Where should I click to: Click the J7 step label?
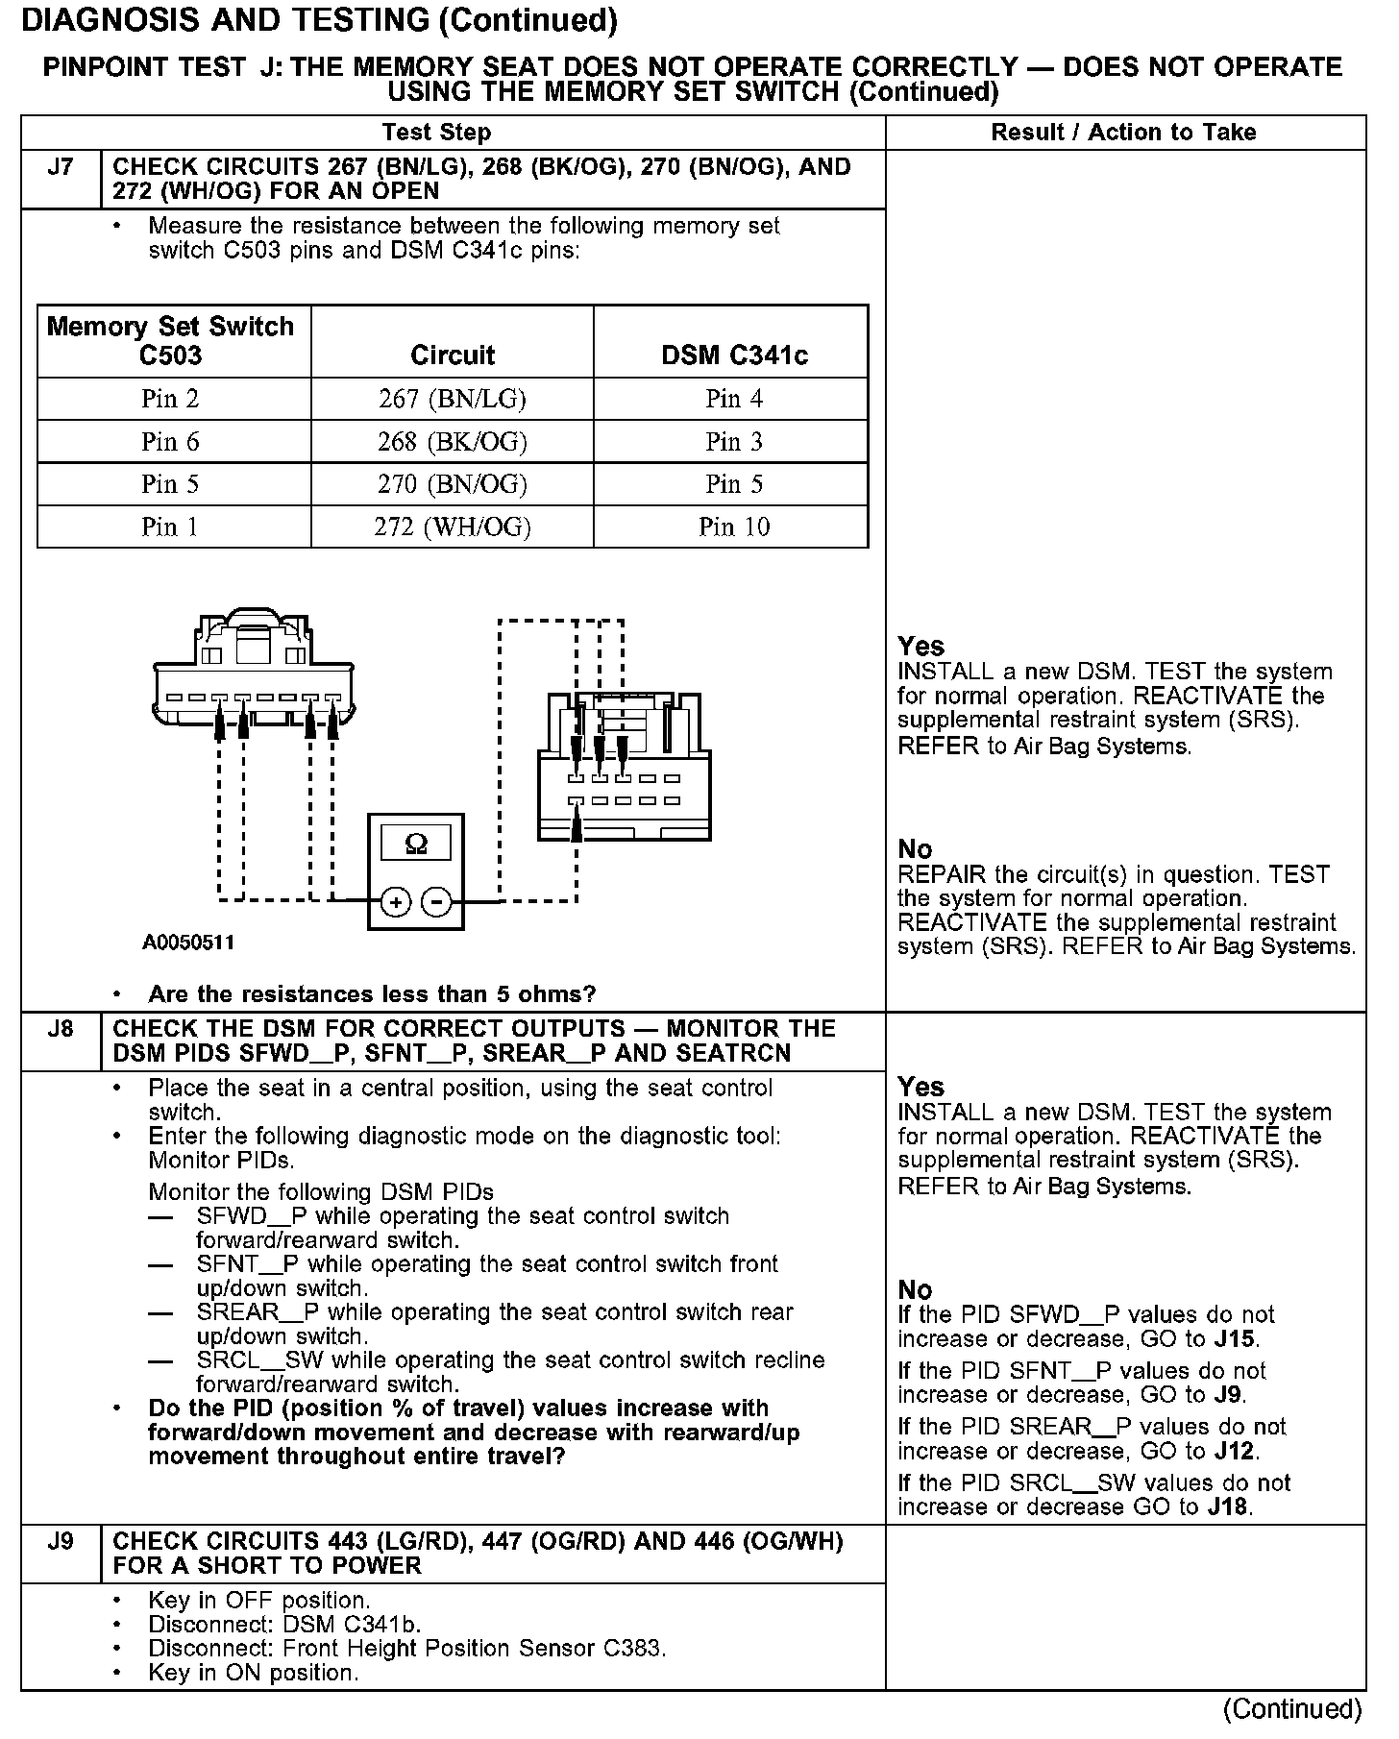(x=60, y=168)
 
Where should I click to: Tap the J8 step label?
(x=60, y=1030)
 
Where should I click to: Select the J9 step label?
(x=60, y=1542)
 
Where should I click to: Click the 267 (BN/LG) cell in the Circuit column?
(x=453, y=399)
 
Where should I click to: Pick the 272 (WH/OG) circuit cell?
(x=453, y=527)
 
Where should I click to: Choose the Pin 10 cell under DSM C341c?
(x=734, y=527)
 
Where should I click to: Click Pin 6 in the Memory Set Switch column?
(x=170, y=442)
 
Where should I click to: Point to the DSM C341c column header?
(x=734, y=355)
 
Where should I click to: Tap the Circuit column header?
(x=453, y=355)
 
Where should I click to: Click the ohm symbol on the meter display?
(x=416, y=844)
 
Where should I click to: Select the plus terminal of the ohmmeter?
(x=396, y=902)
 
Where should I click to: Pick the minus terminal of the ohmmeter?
(x=436, y=902)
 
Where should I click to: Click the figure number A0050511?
(x=188, y=943)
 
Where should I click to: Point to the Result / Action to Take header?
(x=1123, y=133)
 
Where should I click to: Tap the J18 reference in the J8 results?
(x=1228, y=1506)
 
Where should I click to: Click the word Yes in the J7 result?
(x=920, y=647)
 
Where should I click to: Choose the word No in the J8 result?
(x=915, y=1289)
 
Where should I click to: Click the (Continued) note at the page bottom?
(x=1291, y=1709)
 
